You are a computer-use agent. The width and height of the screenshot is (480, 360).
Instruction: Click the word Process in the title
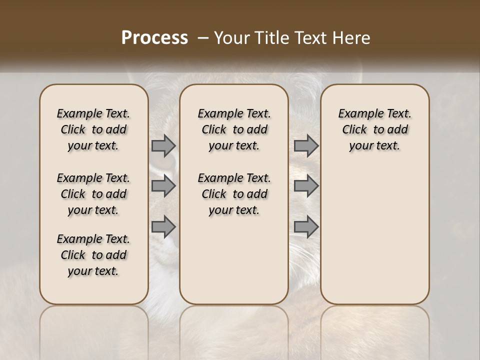(x=154, y=38)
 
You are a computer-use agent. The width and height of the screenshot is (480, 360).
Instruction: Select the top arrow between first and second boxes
(x=163, y=146)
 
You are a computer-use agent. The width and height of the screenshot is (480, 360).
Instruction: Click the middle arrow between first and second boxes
(x=163, y=186)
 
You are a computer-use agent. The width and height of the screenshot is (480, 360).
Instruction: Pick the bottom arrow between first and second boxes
(x=163, y=227)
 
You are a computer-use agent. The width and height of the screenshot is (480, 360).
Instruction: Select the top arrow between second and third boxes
(x=306, y=146)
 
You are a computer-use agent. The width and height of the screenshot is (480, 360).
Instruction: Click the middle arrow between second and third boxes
(x=306, y=186)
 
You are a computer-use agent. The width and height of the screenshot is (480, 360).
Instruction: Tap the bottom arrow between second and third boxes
(x=306, y=227)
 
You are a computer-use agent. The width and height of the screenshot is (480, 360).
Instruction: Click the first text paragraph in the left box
(x=93, y=129)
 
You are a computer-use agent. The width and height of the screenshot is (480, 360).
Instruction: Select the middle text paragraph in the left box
(x=93, y=194)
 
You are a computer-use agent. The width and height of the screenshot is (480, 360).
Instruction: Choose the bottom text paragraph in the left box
(x=93, y=255)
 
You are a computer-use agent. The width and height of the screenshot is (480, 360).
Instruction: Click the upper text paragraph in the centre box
(x=234, y=129)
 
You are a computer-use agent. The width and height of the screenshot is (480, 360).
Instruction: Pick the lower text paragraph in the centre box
(x=234, y=194)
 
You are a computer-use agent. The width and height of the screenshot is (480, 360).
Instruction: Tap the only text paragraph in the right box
(x=375, y=129)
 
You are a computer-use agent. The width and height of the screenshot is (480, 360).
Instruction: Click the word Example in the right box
(x=357, y=114)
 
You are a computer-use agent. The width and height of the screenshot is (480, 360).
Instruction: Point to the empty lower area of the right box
(x=375, y=240)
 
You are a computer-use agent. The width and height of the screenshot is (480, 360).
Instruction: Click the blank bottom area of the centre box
(x=234, y=265)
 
